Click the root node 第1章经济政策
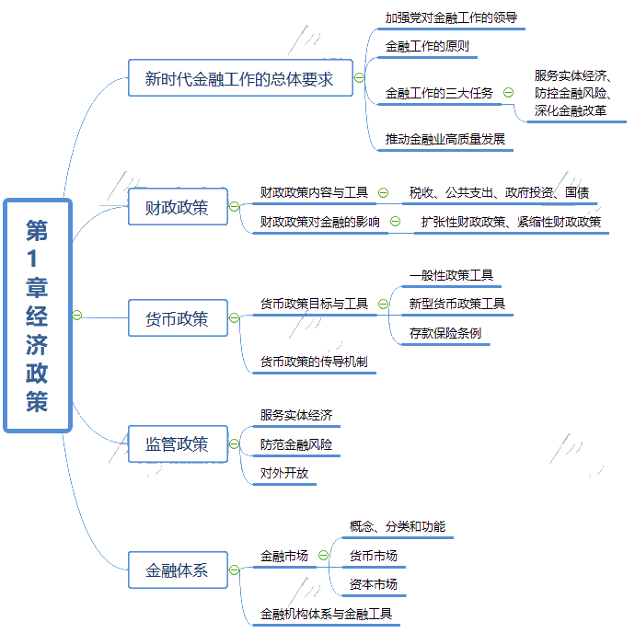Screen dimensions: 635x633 (38, 316)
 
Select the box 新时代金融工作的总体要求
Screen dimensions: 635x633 (240, 78)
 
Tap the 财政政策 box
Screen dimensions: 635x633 (178, 206)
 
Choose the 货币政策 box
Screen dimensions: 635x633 (178, 318)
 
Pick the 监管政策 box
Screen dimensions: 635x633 (178, 443)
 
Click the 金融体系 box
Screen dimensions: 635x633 (178, 570)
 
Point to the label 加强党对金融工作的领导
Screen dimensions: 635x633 (451, 17)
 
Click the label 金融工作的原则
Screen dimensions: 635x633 (427, 46)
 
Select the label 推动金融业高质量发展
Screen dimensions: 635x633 (445, 139)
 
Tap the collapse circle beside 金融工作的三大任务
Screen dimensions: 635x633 (508, 93)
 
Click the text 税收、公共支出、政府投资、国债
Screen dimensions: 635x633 (499, 192)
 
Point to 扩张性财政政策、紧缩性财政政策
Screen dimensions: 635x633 (511, 222)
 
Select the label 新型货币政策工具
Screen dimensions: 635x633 (457, 304)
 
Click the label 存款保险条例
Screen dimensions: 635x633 (445, 333)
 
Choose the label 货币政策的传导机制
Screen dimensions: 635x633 (314, 362)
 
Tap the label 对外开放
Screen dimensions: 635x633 (283, 473)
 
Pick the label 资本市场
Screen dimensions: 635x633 (374, 584)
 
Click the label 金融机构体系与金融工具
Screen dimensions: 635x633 (326, 614)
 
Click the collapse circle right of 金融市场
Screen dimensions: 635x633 (323, 555)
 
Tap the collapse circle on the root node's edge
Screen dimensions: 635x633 (77, 315)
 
